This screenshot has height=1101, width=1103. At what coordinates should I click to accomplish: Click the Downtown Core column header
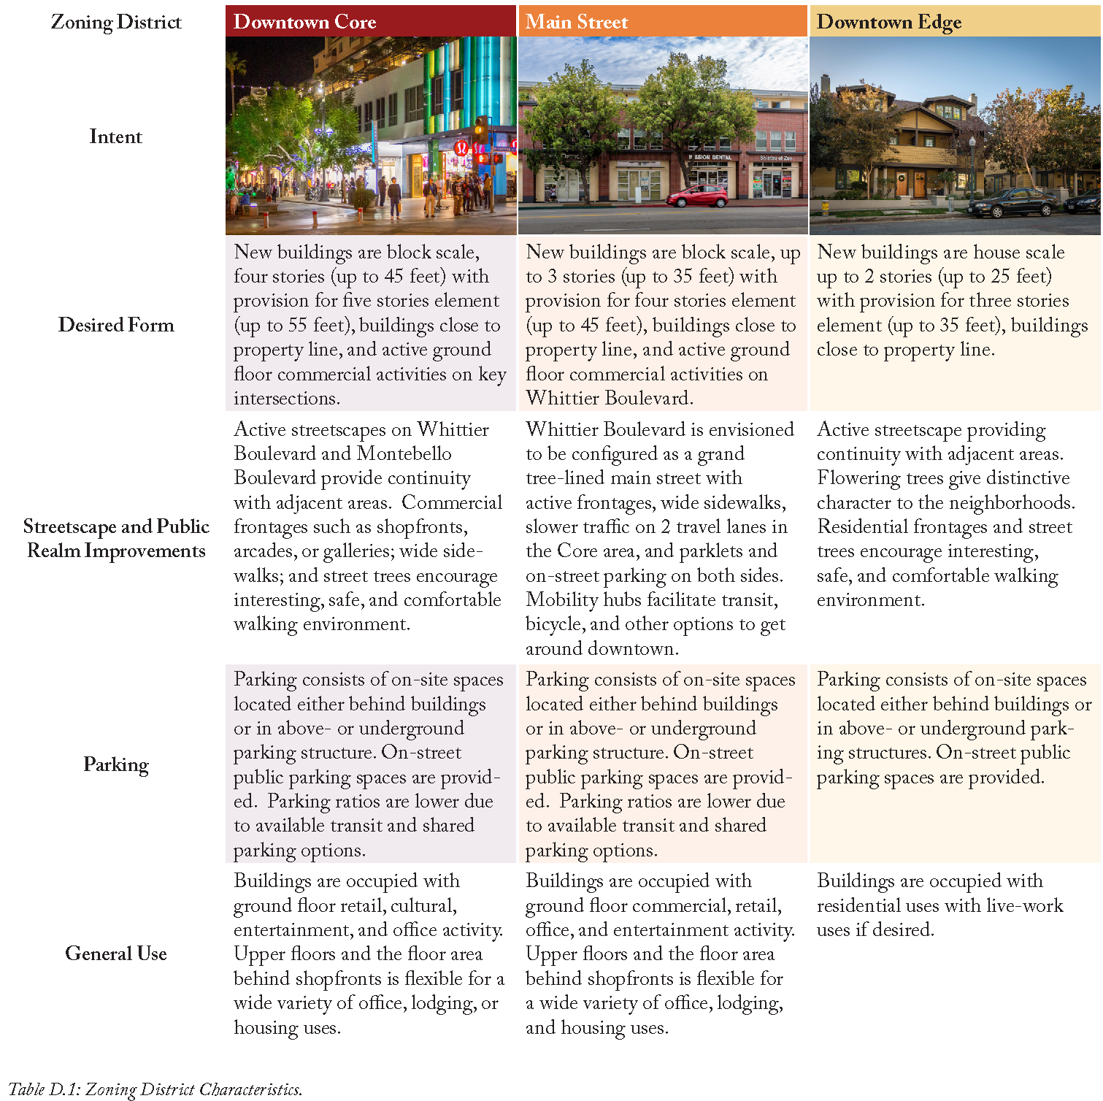point(304,22)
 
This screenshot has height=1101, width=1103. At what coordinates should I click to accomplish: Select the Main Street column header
point(577,22)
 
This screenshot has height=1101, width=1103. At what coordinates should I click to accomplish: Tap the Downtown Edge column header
point(888,22)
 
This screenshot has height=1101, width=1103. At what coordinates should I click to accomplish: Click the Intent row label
point(115,137)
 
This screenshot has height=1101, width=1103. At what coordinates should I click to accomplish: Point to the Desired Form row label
point(116,325)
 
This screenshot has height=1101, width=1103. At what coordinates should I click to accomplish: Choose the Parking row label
point(116,764)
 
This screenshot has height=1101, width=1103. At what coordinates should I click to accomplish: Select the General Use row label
point(116,954)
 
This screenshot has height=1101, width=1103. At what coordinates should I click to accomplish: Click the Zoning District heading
point(116,22)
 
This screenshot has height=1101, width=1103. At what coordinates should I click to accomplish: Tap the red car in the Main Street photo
point(698,196)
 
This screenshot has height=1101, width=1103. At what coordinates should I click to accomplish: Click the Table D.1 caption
point(155,1089)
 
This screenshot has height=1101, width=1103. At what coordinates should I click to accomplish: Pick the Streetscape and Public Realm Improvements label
point(116,538)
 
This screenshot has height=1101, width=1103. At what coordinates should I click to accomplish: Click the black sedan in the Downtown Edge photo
point(1012,202)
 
